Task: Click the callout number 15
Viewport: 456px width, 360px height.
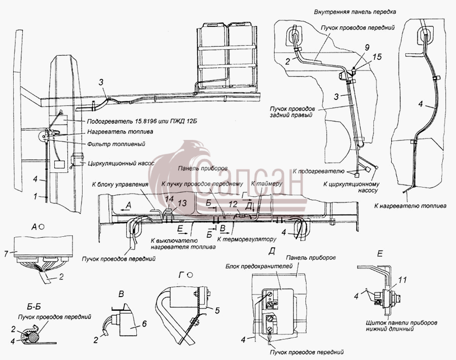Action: click(x=376, y=56)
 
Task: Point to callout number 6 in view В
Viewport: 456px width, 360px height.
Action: click(x=144, y=323)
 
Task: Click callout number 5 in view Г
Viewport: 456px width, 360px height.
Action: click(x=217, y=311)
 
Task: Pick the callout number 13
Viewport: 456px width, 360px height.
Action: click(x=182, y=203)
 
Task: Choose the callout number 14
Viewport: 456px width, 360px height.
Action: click(x=169, y=199)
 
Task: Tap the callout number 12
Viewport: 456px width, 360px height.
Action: click(x=233, y=205)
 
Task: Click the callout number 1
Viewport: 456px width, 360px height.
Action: click(x=35, y=197)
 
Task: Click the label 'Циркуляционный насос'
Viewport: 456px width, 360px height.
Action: click(x=121, y=163)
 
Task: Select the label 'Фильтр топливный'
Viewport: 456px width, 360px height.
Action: click(x=117, y=144)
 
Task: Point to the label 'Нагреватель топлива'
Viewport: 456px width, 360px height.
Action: click(x=120, y=131)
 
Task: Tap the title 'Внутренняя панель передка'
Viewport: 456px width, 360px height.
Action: click(x=355, y=12)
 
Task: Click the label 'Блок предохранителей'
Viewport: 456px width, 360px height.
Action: click(x=259, y=266)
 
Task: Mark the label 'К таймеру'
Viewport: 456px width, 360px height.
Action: click(x=267, y=184)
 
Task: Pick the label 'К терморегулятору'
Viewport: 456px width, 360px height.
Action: click(x=247, y=239)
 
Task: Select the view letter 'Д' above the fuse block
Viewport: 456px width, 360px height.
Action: click(x=272, y=251)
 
